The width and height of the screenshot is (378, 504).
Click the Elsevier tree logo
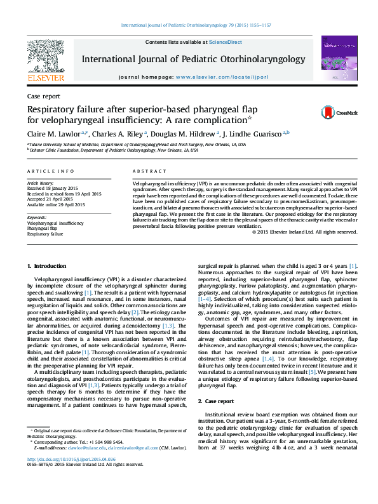[45, 58]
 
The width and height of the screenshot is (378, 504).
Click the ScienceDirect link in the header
[226, 42]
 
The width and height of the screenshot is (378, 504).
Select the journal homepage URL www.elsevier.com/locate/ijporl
[218, 77]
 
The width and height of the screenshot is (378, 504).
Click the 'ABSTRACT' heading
[149, 172]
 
